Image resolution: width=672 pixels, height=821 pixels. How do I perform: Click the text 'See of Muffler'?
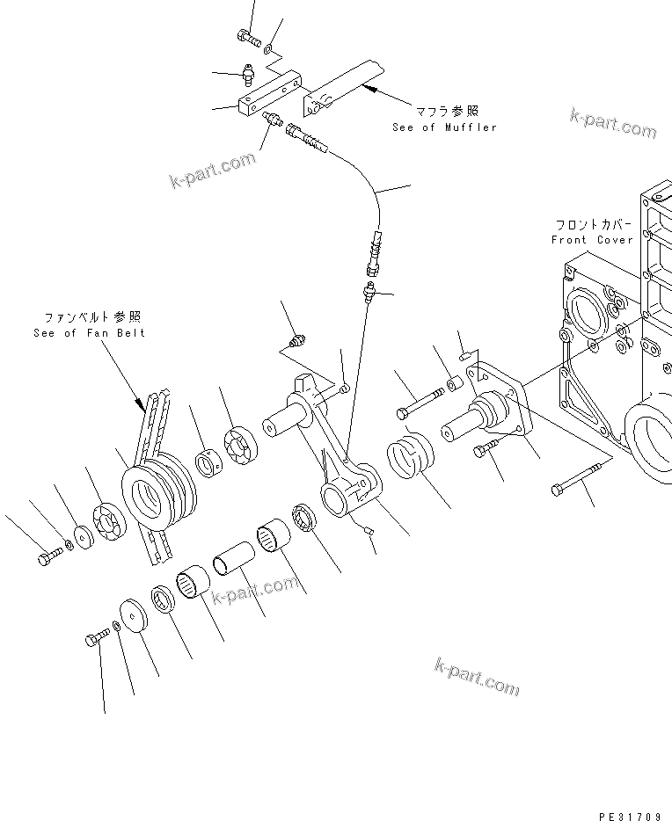(x=444, y=127)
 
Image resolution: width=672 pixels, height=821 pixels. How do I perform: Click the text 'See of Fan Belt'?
(x=89, y=333)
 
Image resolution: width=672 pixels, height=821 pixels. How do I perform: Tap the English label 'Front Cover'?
(x=591, y=240)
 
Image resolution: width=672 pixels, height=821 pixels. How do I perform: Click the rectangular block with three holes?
(x=267, y=98)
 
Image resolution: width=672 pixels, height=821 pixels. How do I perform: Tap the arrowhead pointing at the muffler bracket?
(x=369, y=88)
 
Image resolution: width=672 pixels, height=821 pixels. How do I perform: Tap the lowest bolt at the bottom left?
(x=95, y=638)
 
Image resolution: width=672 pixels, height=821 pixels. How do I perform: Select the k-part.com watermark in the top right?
(x=612, y=124)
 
